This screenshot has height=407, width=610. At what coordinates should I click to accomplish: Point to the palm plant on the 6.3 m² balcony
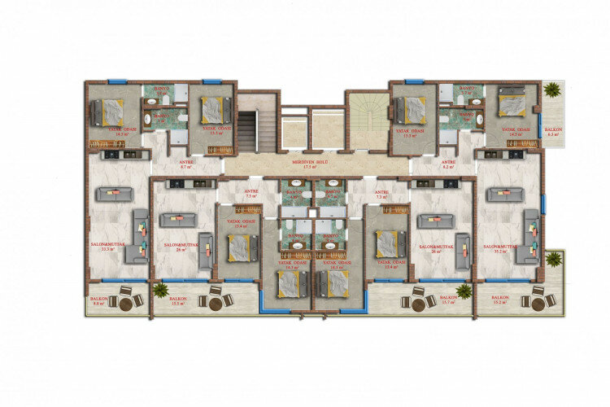pos(555,90)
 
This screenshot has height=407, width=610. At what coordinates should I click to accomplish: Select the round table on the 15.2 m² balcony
pos(536,301)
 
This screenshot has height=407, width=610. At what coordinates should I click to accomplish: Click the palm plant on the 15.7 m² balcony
pos(464,291)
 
